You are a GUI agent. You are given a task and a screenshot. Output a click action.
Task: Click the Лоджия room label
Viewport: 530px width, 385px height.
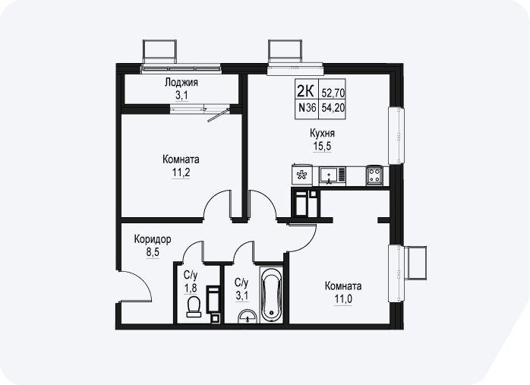(x=181, y=83)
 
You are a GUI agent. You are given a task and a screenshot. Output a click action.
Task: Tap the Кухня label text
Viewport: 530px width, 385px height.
(x=322, y=133)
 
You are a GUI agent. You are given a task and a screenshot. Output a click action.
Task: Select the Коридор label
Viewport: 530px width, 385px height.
(x=153, y=239)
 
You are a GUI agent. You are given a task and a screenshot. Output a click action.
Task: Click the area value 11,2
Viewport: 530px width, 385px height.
(x=181, y=172)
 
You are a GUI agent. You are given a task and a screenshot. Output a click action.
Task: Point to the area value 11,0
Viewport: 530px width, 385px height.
(x=343, y=299)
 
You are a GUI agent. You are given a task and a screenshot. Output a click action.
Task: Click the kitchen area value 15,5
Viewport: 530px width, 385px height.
(x=322, y=146)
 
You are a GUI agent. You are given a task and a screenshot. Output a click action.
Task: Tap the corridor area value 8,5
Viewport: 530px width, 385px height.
(x=153, y=252)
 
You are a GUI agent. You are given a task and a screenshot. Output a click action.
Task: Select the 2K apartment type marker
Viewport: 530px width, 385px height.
(x=305, y=91)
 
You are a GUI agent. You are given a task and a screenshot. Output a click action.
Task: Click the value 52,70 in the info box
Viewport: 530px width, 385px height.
(x=333, y=93)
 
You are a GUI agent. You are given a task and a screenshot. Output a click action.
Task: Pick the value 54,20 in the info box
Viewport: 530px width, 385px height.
(x=333, y=108)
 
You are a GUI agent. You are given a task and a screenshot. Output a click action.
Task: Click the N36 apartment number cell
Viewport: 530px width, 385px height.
(x=307, y=108)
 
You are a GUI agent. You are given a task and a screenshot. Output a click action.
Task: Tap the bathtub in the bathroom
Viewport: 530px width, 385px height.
(x=271, y=295)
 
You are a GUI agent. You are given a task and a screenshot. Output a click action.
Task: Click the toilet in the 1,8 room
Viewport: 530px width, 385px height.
(x=194, y=307)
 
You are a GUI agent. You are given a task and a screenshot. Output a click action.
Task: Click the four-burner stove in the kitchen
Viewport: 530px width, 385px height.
(x=374, y=175)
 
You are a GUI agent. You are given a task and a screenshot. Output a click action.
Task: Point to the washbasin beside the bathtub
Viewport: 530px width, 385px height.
(x=248, y=317)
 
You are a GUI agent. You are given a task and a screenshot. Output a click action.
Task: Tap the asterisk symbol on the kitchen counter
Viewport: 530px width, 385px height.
(x=301, y=175)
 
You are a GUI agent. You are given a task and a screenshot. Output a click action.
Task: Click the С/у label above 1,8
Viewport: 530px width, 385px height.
(x=190, y=275)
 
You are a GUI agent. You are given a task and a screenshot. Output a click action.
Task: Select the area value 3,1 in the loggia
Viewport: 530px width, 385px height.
(x=181, y=96)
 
